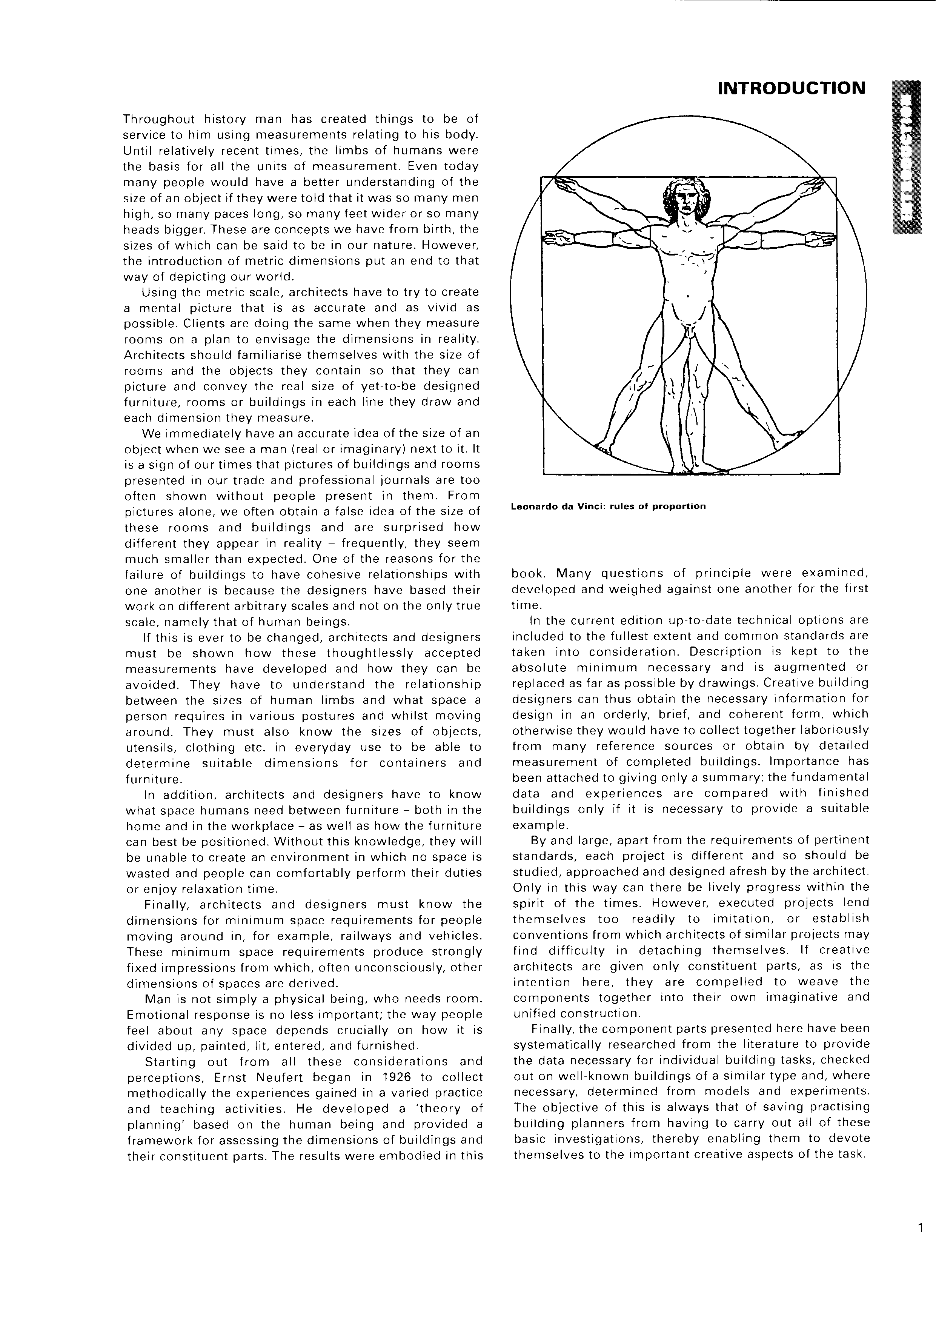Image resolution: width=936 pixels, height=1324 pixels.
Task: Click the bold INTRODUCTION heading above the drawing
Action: click(792, 88)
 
